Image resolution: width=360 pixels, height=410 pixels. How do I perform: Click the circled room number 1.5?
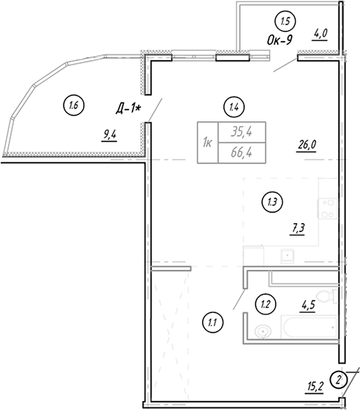(x=285, y=22)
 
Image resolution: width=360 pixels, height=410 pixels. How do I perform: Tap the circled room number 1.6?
(x=74, y=106)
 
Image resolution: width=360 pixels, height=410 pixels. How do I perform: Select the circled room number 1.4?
(x=234, y=107)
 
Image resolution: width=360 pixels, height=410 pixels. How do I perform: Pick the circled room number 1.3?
(x=272, y=202)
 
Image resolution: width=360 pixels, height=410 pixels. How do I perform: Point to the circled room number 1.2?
(x=265, y=304)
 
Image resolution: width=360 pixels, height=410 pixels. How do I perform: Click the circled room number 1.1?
(x=212, y=323)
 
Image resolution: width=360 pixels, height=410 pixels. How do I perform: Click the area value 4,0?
(x=320, y=34)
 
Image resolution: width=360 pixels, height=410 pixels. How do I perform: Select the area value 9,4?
(x=110, y=135)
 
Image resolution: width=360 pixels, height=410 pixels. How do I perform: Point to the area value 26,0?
(x=307, y=144)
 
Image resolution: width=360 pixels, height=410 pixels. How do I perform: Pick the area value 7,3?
(x=297, y=229)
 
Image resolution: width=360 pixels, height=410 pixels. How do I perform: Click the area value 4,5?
(x=308, y=305)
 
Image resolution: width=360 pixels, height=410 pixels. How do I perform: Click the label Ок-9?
(x=280, y=40)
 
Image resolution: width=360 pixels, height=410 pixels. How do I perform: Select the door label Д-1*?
(x=128, y=109)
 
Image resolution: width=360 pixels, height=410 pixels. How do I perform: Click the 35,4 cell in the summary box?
(x=241, y=132)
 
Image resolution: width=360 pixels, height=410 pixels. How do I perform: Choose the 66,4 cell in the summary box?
(x=241, y=153)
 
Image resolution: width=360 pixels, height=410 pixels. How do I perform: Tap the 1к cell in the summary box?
(x=208, y=143)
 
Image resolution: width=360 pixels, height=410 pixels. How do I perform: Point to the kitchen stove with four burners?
(x=328, y=208)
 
